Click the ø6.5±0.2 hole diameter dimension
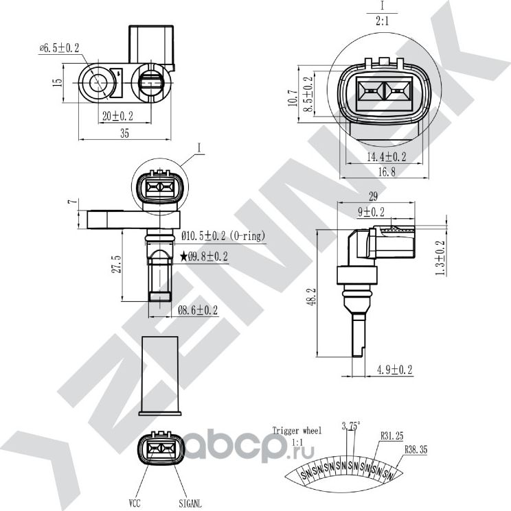point(60,47)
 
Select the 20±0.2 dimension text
point(117,117)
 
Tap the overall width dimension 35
point(124,134)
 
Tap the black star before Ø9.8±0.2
point(183,257)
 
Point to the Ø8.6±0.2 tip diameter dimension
point(198,310)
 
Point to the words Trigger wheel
point(297,431)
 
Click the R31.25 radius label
point(391,435)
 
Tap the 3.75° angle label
point(352,425)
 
